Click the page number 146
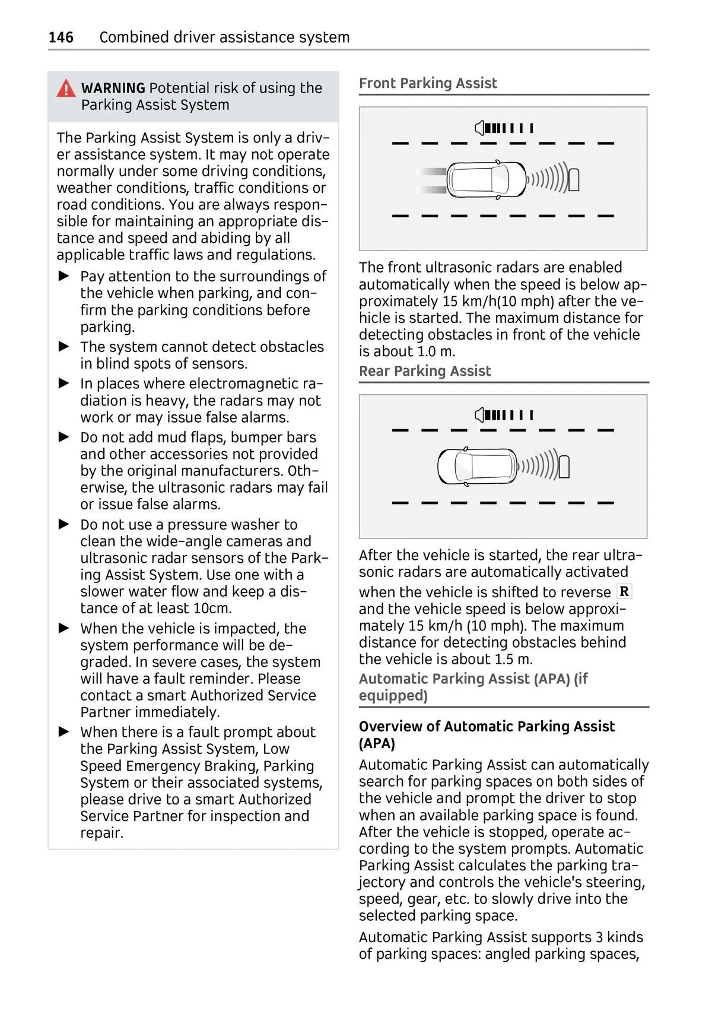[x=61, y=37]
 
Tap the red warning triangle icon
[x=66, y=88]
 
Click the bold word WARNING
[x=113, y=88]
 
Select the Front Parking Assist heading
[x=428, y=83]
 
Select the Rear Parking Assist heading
[x=425, y=371]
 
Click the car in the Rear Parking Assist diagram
[x=478, y=467]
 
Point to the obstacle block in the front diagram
[x=574, y=180]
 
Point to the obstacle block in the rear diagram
[x=564, y=467]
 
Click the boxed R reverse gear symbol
[x=624, y=591]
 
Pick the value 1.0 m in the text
[x=436, y=351]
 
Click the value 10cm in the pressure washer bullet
[x=212, y=608]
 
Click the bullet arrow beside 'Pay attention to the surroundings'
[x=64, y=276]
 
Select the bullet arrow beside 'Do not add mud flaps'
[x=64, y=438]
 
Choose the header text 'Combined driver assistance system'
[x=224, y=37]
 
